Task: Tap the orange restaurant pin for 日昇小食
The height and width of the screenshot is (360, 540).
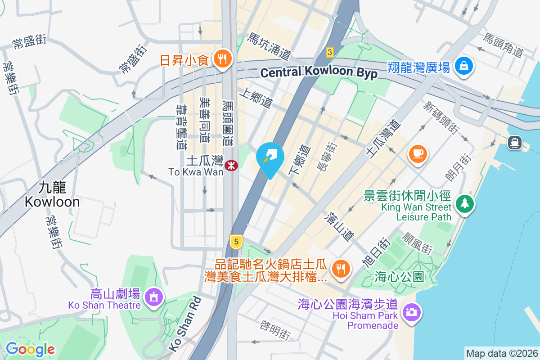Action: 222,58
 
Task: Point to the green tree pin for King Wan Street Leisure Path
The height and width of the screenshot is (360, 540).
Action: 464,203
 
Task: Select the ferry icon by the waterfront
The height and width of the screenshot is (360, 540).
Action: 514,143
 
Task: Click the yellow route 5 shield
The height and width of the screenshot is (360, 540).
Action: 235,242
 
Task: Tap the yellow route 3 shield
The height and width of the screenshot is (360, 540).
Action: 330,52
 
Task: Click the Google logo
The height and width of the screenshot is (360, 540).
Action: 30,349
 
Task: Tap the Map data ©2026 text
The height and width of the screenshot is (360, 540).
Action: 501,353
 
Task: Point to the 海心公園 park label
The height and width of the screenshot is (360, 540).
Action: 399,277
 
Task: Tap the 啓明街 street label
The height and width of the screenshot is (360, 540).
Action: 274,330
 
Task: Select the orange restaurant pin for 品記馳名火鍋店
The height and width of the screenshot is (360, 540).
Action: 338,269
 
